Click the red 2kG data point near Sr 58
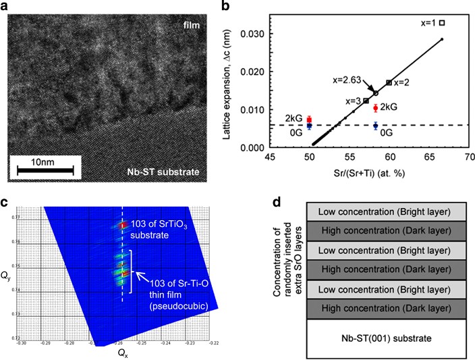point(375,107)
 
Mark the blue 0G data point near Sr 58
point(375,125)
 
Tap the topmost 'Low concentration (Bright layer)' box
point(385,211)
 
